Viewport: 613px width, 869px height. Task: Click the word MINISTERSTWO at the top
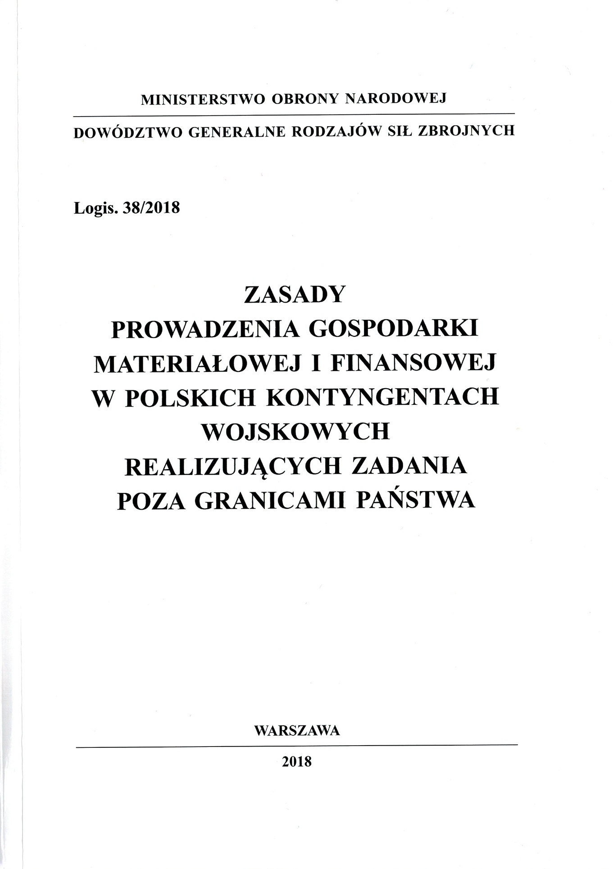click(x=203, y=100)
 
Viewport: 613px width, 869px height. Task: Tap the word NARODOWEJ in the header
click(x=395, y=99)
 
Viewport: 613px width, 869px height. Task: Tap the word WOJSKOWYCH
click(x=295, y=433)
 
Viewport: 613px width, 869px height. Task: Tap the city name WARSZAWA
click(x=297, y=730)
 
